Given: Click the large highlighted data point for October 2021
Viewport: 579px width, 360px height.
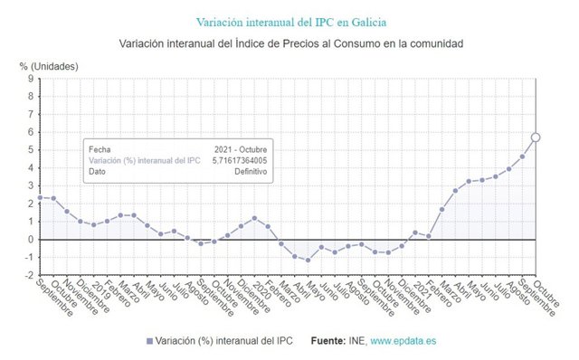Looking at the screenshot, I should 536,137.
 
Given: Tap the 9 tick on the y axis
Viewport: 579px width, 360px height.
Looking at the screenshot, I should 30,79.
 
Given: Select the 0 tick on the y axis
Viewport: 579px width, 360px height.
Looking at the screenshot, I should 30,240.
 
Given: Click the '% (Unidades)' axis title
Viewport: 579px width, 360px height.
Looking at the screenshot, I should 49,66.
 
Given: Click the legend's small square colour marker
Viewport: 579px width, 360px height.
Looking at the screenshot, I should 149,341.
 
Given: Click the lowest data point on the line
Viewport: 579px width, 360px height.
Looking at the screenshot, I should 308,261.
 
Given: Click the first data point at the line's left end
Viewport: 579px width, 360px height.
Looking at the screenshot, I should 40,197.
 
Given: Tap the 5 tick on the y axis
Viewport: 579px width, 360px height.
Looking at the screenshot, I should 30,150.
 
